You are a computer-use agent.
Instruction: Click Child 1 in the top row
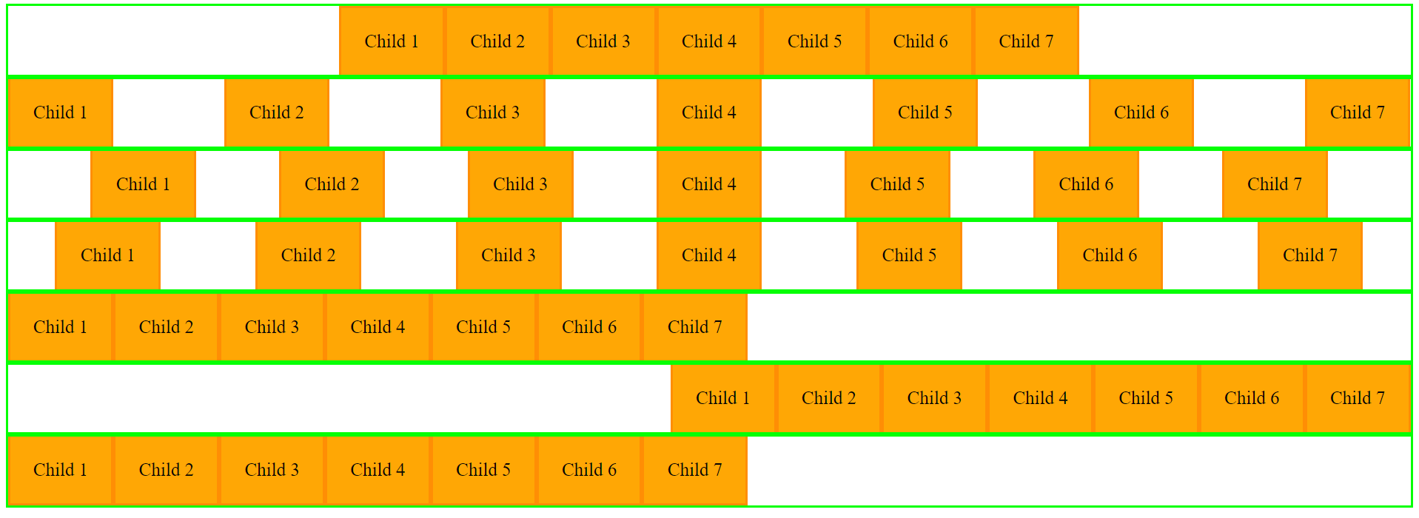pyautogui.click(x=392, y=41)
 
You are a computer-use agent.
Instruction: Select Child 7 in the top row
pyautogui.click(x=1026, y=41)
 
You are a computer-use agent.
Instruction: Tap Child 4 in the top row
pyautogui.click(x=709, y=41)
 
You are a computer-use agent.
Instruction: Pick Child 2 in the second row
pyautogui.click(x=277, y=112)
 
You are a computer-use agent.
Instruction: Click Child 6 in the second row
pyautogui.click(x=1141, y=112)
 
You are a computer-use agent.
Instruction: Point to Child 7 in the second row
pyautogui.click(x=1358, y=112)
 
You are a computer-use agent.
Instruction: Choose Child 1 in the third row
pyautogui.click(x=144, y=184)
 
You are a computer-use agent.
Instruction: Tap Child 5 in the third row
pyautogui.click(x=898, y=184)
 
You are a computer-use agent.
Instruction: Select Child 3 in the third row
pyautogui.click(x=520, y=184)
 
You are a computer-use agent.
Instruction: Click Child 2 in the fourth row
pyautogui.click(x=309, y=255)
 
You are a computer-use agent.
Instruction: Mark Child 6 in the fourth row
pyautogui.click(x=1110, y=255)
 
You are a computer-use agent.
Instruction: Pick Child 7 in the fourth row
pyautogui.click(x=1310, y=255)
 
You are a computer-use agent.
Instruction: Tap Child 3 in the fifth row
pyautogui.click(x=272, y=327)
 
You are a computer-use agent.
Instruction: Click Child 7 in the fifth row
pyautogui.click(x=695, y=327)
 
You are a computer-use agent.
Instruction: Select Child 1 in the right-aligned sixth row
pyautogui.click(x=723, y=398)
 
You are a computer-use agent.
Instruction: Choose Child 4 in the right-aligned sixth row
pyautogui.click(x=1041, y=398)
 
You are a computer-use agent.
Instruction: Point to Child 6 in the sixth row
pyautogui.click(x=1252, y=398)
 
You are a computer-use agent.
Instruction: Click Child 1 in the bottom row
pyautogui.click(x=61, y=470)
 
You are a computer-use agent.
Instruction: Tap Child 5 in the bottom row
pyautogui.click(x=483, y=470)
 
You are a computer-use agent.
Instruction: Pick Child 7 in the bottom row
pyautogui.click(x=695, y=470)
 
